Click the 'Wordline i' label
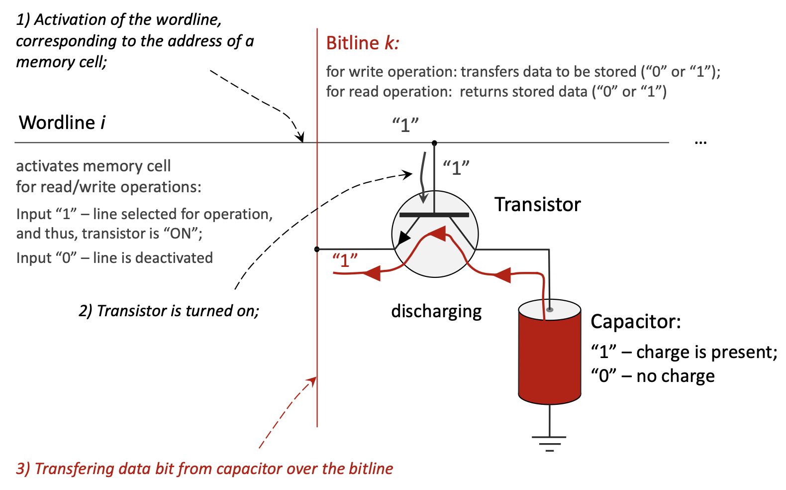pos(62,122)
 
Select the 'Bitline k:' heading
pos(363,43)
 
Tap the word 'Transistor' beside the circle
pos(537,205)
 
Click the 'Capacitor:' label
pos(635,322)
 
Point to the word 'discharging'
pos(436,312)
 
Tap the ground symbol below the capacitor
pos(549,442)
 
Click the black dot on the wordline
pos(434,143)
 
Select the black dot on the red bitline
pos(317,249)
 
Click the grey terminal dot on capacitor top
pos(550,310)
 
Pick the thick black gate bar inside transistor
pos(434,215)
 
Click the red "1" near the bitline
pos(345,260)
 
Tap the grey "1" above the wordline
pos(405,124)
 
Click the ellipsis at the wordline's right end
pos(700,142)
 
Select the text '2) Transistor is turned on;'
pos(169,311)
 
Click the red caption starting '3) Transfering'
pos(204,469)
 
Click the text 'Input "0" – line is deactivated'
pos(114,258)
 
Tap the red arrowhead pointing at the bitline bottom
pos(312,381)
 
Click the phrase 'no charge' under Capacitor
pos(675,376)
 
